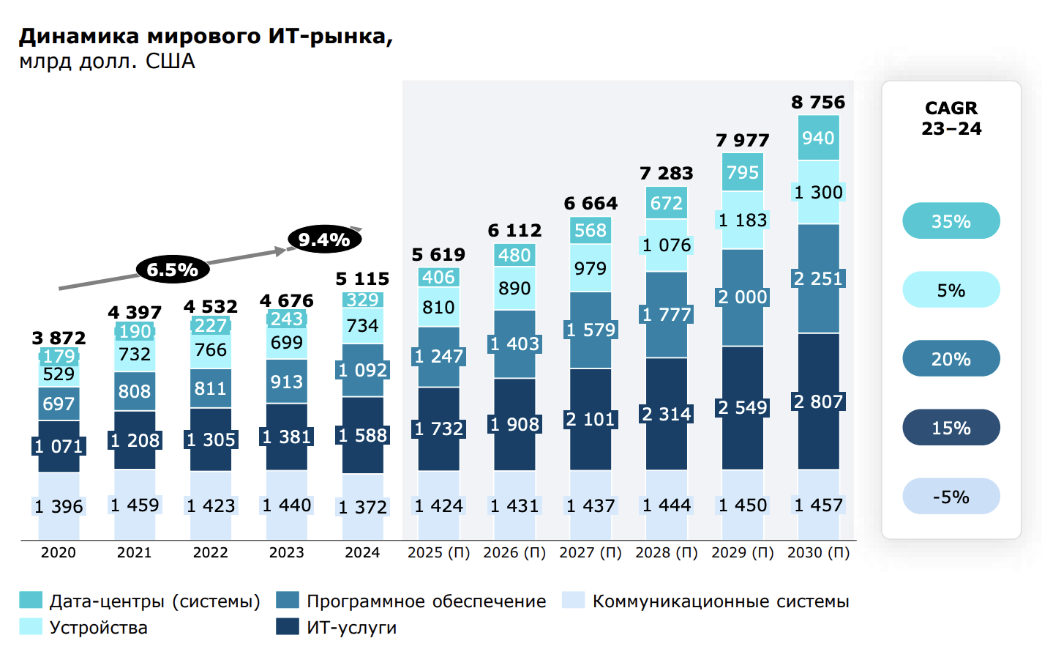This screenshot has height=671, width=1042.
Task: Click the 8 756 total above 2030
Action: pos(818,103)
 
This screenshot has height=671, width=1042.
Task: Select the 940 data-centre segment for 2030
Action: pos(818,138)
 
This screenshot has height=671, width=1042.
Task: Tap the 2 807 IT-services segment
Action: pos(818,401)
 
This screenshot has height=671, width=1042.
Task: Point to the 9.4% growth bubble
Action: pos(324,240)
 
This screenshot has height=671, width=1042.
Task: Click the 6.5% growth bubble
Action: pos(173,270)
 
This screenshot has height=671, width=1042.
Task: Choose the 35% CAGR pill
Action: pos(951,221)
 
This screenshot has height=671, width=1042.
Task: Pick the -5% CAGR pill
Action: pos(951,497)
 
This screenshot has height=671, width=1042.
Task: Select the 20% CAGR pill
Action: pos(951,359)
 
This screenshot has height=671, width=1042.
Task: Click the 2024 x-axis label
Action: pos(362,552)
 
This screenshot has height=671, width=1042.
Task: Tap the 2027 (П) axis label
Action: pos(591,552)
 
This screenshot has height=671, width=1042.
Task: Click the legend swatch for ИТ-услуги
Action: pos(288,627)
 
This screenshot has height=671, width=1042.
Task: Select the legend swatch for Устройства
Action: pos(31,627)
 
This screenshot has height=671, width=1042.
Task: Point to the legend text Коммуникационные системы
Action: pos(720,601)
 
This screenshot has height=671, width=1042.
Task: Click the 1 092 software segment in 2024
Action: pos(363,370)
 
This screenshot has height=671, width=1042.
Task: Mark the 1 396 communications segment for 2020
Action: pos(59,506)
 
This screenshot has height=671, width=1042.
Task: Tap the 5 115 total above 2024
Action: pos(362,279)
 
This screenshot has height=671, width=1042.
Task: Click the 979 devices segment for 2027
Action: pos(591,268)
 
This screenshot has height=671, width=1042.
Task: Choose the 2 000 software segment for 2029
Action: pos(743,297)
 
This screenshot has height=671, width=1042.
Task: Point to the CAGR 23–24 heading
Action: pos(951,118)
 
